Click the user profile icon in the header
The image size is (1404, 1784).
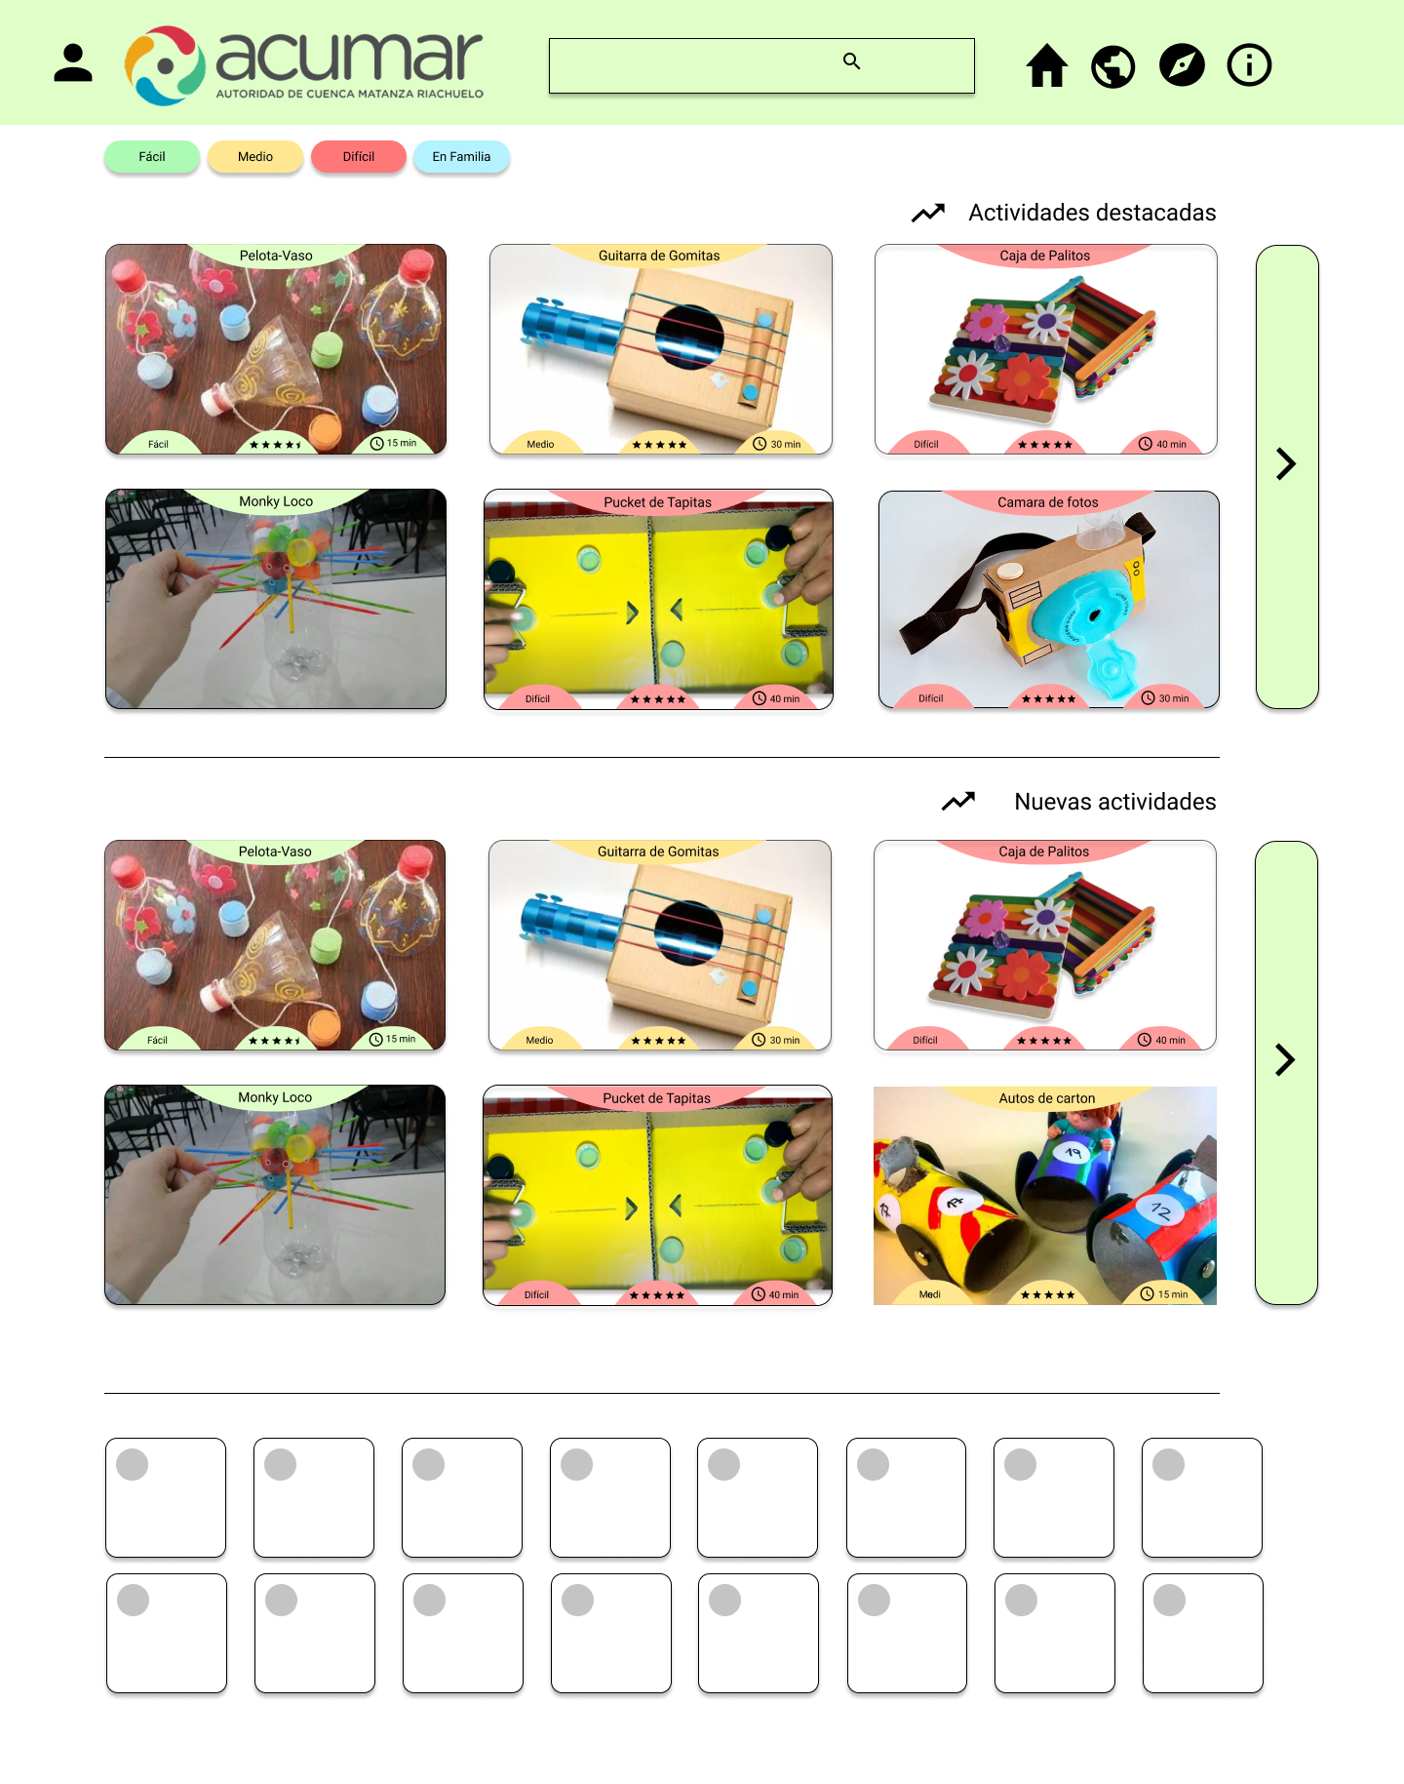73,63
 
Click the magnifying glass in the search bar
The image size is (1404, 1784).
851,61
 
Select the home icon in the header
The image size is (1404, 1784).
1047,66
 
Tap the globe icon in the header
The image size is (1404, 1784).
1113,66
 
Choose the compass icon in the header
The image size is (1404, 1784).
1182,65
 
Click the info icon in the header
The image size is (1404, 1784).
1249,65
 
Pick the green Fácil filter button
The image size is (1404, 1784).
152,157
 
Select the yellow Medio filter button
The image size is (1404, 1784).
255,157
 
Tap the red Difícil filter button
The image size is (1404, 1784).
359,157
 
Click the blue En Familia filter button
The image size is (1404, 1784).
461,157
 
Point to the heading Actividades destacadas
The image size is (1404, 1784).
1092,213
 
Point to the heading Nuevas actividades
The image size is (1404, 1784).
1115,802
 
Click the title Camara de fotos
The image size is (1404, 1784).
1048,502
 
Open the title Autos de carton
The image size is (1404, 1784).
1047,1098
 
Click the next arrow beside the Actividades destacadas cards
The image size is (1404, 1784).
1286,463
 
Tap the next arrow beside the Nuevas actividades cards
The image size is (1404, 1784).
1285,1059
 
